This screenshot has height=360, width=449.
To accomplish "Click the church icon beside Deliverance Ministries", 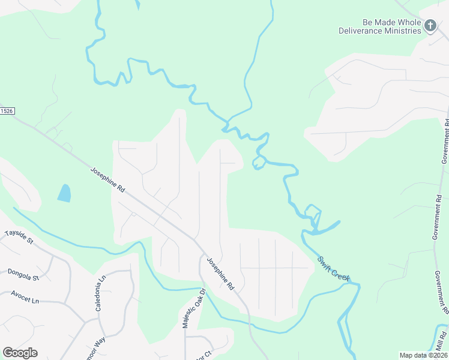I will tap(430, 25).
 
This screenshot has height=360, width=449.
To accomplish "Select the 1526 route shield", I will tap(7, 111).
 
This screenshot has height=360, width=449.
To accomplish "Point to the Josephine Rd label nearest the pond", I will tap(108, 179).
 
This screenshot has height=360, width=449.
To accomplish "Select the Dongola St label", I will tap(23, 275).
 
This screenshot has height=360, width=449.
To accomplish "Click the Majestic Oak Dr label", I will tap(194, 307).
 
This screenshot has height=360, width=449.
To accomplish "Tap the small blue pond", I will tap(64, 193).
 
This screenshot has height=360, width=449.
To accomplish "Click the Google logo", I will tap(20, 353).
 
